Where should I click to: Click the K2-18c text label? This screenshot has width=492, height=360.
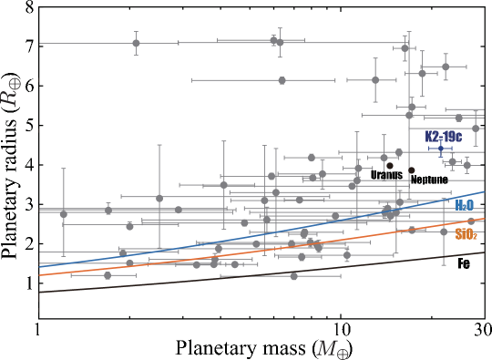coord(444,136)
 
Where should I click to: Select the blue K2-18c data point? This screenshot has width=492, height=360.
coord(441,149)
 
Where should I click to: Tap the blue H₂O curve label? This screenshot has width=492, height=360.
coord(464,206)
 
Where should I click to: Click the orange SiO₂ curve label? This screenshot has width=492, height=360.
coord(466,234)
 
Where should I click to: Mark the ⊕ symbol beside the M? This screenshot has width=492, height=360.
coord(343,353)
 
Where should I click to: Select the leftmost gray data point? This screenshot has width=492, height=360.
coord(64,214)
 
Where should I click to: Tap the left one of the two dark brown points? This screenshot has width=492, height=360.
coord(390,166)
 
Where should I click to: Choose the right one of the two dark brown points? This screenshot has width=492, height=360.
coord(412,170)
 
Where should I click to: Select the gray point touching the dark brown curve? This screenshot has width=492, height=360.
coord(293,275)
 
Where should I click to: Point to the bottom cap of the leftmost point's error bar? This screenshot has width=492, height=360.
coord(64,254)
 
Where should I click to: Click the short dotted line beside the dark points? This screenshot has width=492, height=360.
coord(430,180)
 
